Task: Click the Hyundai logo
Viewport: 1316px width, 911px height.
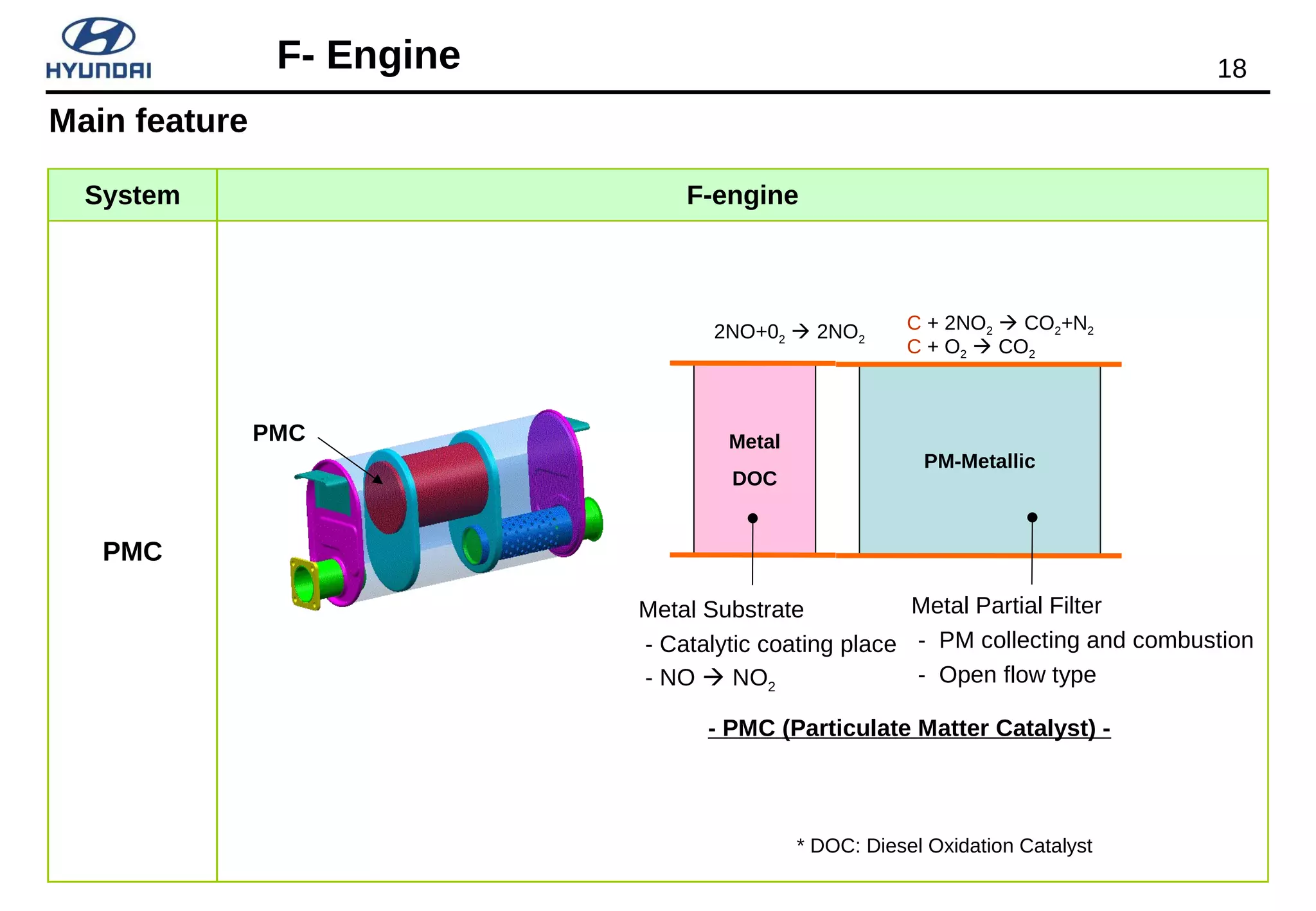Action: [x=98, y=49]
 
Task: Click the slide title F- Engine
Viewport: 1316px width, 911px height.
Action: [x=368, y=55]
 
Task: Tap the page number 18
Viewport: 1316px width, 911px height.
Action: [x=1231, y=69]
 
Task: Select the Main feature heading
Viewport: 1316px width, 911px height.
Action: [x=148, y=121]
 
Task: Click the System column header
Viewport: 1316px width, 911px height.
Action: [x=132, y=195]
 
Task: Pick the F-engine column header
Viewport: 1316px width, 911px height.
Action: [x=742, y=195]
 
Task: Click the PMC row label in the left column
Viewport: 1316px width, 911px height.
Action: [x=132, y=551]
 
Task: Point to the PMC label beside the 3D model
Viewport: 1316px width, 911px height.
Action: [x=278, y=433]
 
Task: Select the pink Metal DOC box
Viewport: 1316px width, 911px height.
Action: [x=754, y=411]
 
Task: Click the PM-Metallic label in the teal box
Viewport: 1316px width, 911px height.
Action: [x=979, y=461]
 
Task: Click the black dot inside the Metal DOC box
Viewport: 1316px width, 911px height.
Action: [x=752, y=518]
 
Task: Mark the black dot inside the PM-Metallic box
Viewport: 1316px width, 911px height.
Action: [x=1032, y=517]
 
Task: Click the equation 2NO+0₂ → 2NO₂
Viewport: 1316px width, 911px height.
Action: [x=789, y=332]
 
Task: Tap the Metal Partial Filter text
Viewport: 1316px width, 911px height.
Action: [x=1006, y=606]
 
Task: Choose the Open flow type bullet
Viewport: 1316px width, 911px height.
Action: [x=1017, y=675]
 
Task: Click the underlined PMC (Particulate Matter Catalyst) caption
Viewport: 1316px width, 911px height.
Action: [x=909, y=729]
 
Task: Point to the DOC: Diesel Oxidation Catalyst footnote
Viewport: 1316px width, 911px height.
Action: [x=944, y=845]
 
